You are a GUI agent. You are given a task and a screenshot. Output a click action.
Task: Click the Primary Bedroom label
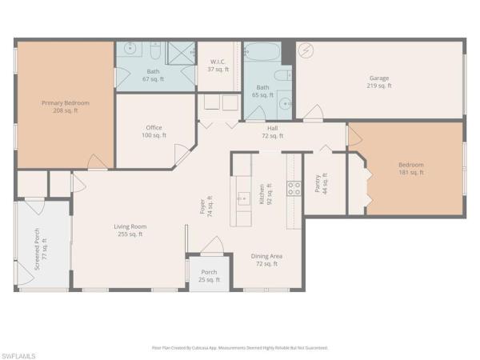pyautogui.click(x=66, y=107)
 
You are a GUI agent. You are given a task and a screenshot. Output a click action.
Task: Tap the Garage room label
pyautogui.click(x=379, y=81)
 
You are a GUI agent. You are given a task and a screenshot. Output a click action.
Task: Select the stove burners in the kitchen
pyautogui.click(x=294, y=189)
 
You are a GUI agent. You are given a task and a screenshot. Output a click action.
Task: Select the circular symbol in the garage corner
pyautogui.click(x=305, y=50)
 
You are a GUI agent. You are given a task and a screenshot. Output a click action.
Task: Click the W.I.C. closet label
pyautogui.click(x=219, y=66)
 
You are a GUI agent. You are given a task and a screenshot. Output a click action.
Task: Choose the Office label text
pyautogui.click(x=154, y=131)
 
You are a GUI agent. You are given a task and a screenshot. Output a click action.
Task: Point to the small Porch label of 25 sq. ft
pyautogui.click(x=208, y=275)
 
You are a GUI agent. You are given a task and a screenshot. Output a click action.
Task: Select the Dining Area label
pyautogui.click(x=268, y=259)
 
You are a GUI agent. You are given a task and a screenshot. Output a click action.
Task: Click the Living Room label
pyautogui.click(x=130, y=230)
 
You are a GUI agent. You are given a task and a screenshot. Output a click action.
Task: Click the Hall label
pyautogui.click(x=273, y=131)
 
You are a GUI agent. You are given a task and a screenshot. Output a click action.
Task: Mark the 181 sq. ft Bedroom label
pyautogui.click(x=411, y=169)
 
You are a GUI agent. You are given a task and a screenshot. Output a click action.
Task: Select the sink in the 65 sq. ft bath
pyautogui.click(x=286, y=103)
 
